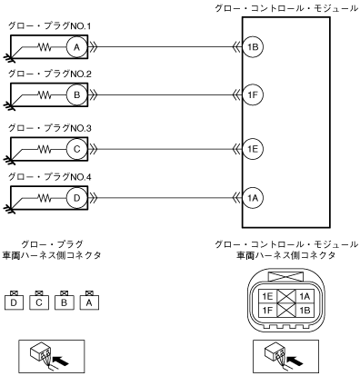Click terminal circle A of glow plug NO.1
(x=76, y=47)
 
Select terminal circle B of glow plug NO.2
(x=76, y=94)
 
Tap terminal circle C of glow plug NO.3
(x=76, y=149)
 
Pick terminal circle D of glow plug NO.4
(x=76, y=198)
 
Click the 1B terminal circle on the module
(x=253, y=47)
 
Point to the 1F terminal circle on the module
(x=253, y=94)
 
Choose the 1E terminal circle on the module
(x=253, y=149)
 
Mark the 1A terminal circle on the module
(x=253, y=198)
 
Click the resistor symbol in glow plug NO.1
(x=45, y=47)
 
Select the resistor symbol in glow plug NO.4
(x=45, y=198)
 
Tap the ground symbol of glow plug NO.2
(x=8, y=105)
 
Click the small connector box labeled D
(x=14, y=302)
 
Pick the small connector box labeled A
(x=89, y=302)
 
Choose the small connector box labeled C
(x=39, y=302)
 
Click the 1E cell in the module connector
(x=268, y=296)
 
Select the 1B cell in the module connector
(x=305, y=311)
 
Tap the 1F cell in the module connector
(x=268, y=311)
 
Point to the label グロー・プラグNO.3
(x=50, y=128)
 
